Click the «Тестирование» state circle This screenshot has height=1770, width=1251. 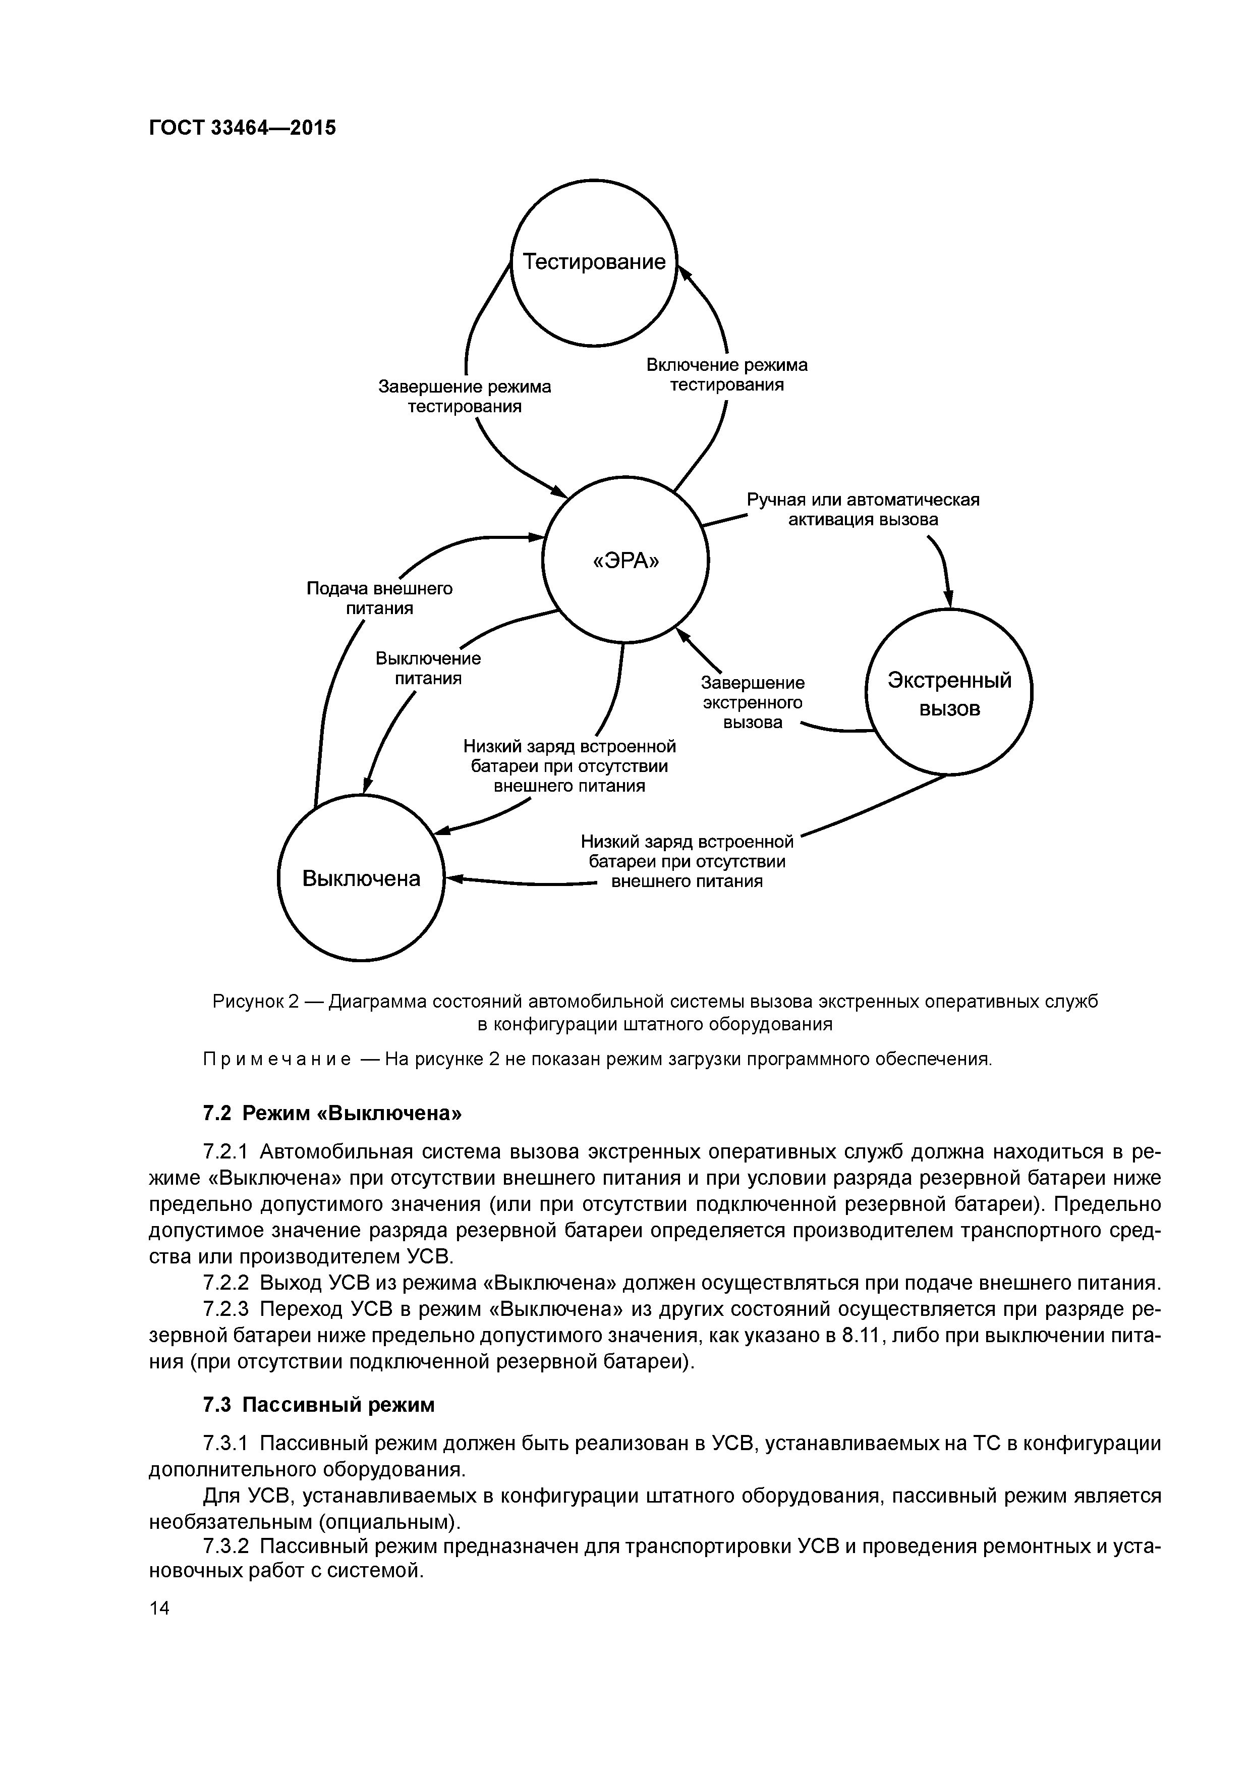(594, 263)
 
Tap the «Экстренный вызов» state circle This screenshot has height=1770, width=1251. (949, 692)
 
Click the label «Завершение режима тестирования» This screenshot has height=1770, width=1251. (464, 396)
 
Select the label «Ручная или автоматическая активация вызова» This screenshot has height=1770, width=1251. (863, 510)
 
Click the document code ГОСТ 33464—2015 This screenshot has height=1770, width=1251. (242, 127)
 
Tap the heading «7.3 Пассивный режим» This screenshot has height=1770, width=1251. (318, 1405)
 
